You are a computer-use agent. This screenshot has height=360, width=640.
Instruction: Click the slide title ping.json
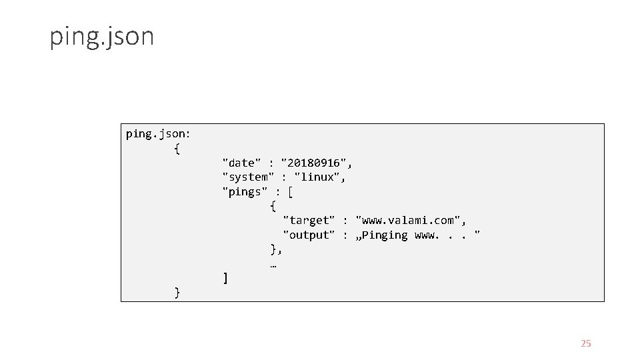[101, 37]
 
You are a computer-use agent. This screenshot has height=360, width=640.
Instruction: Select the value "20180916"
[317, 163]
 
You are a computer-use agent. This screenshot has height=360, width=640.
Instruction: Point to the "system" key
[248, 177]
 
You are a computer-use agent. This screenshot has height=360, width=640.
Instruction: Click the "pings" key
[245, 192]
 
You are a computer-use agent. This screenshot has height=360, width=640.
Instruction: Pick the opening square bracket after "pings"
[290, 192]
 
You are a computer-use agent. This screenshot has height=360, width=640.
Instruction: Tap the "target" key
[309, 220]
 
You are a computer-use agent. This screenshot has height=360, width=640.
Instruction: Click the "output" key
[309, 235]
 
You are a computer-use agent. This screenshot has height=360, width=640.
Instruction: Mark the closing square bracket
[225, 278]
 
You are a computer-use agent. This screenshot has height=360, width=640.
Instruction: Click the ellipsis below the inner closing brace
[273, 265]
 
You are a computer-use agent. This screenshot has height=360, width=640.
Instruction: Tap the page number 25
[586, 343]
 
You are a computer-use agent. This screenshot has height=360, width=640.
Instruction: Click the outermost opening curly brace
[177, 149]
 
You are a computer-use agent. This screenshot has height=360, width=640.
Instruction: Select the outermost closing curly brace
[177, 292]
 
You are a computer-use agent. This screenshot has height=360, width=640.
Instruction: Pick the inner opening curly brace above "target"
[273, 206]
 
